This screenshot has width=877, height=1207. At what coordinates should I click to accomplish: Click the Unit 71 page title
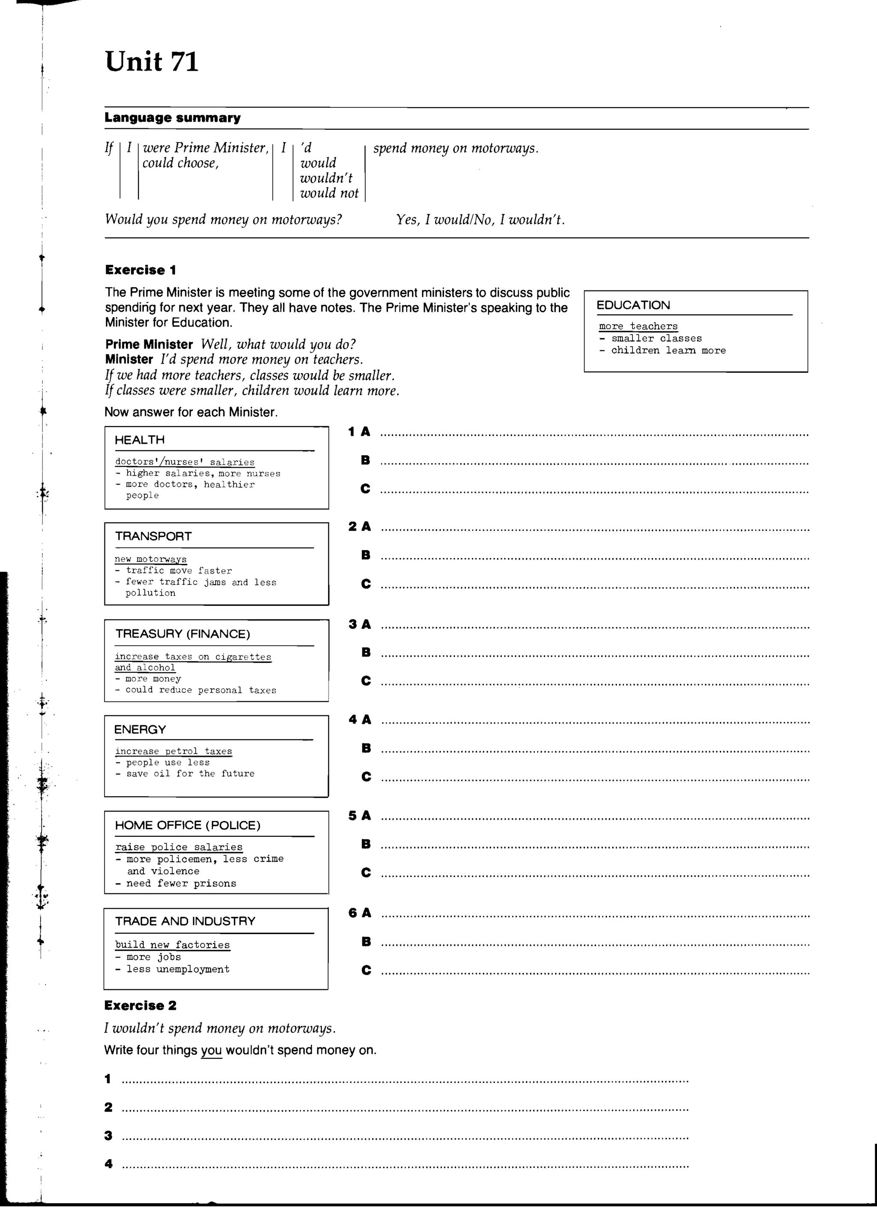pos(152,62)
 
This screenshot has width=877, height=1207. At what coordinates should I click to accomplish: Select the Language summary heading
pos(172,118)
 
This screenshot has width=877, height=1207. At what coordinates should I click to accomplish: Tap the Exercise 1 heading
pos(140,270)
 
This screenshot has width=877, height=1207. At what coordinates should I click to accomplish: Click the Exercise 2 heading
pos(140,1005)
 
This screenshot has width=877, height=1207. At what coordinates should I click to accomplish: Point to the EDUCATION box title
pos(632,305)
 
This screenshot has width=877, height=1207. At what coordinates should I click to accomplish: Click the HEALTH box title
pos(140,439)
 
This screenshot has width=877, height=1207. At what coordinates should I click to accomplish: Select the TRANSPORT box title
pos(153,536)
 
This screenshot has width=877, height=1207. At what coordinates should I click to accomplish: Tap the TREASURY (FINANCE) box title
pos(183,633)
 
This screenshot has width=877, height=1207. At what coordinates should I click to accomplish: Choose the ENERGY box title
pos(140,729)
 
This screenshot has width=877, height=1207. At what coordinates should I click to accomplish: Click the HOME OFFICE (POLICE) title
pos(188,825)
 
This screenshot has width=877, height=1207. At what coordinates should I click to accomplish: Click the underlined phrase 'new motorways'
pos(151,559)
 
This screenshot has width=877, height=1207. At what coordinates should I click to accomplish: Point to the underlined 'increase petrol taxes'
pos(173,751)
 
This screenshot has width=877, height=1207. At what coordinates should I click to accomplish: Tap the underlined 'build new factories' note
pos(173,945)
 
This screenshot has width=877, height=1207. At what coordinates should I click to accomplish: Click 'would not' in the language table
pos(329,193)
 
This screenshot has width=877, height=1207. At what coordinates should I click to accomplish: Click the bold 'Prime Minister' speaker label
pos(149,344)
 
